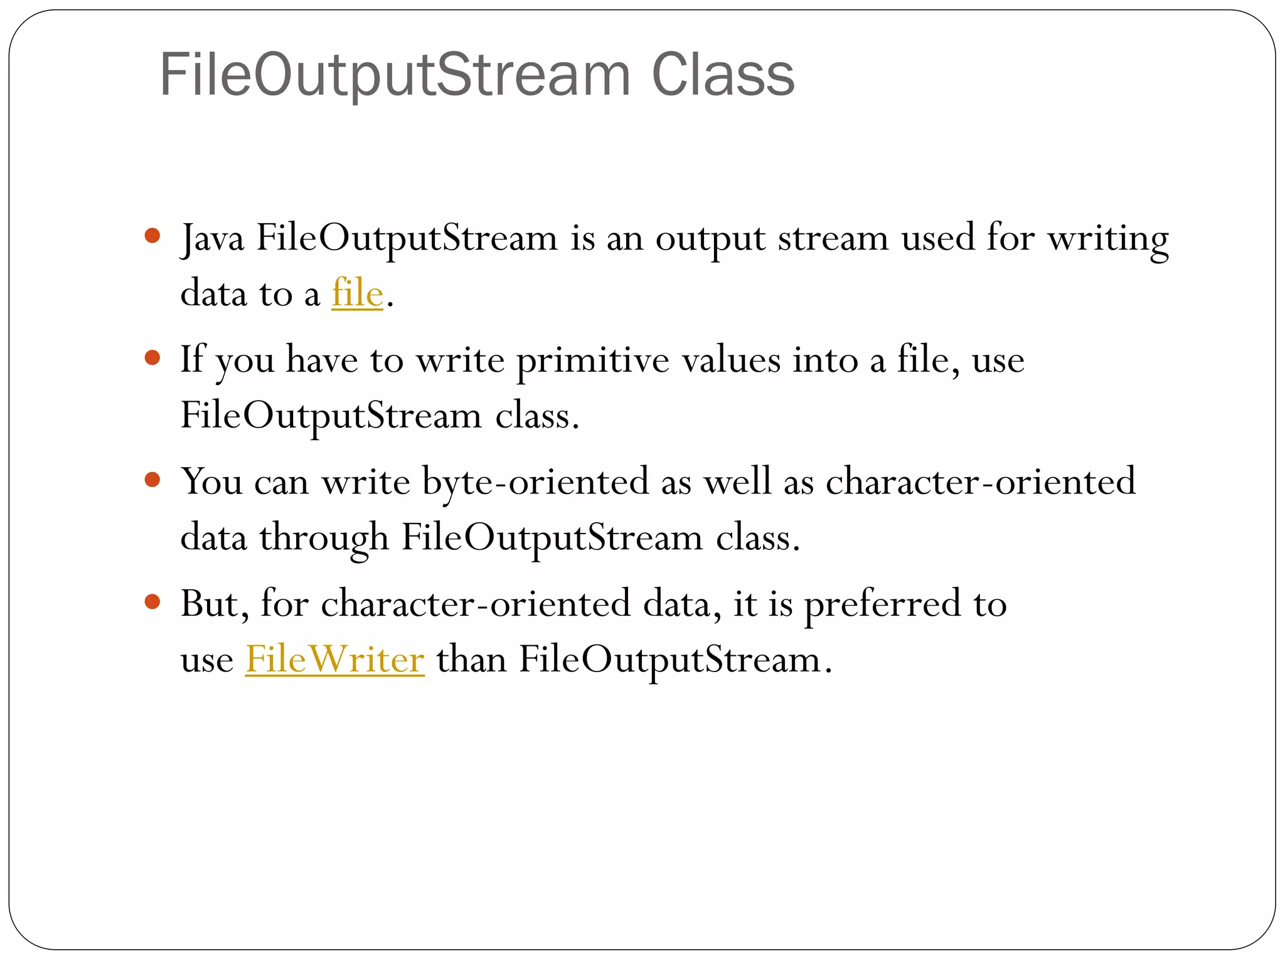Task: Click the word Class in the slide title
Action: (x=723, y=75)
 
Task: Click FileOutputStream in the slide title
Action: (x=395, y=75)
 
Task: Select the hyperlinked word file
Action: (x=357, y=293)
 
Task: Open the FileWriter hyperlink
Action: (x=334, y=660)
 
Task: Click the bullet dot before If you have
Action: (x=152, y=358)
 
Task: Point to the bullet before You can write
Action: (x=152, y=480)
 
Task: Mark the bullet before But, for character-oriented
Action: (x=152, y=602)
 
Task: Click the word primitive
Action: (x=593, y=361)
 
